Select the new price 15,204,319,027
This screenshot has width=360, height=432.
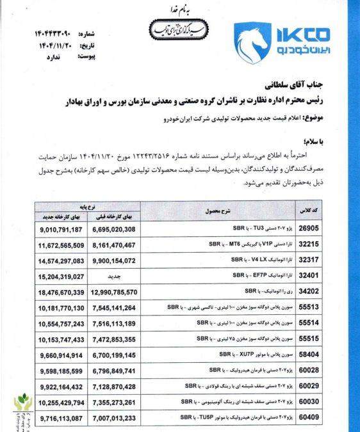tap(61, 276)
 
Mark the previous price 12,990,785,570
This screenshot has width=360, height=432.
tap(111, 292)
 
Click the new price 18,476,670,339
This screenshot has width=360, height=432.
tap(61, 292)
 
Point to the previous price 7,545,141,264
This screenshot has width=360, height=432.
tap(112, 307)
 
